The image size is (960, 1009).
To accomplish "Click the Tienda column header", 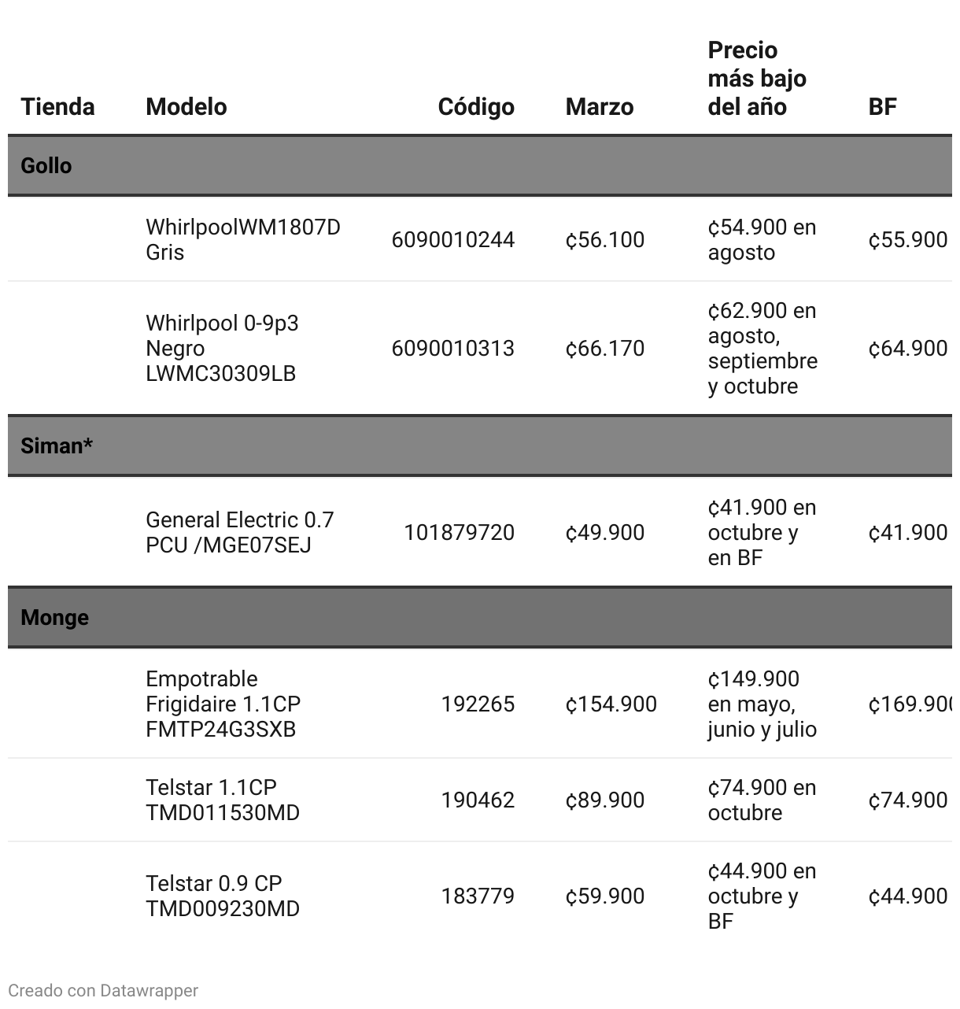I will pos(57,106).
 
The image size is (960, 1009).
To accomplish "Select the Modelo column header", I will pos(186,106).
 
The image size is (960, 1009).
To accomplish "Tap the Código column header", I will pos(476,106).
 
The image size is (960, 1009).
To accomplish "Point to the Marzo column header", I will pos(599,106).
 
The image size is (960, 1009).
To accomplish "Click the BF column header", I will pos(882,106).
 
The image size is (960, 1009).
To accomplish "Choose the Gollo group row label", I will pos(46,165).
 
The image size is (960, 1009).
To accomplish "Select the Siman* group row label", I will pos(57,445).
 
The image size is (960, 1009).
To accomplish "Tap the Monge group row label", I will pos(54,617).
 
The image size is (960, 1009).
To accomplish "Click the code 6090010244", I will pos(452,239).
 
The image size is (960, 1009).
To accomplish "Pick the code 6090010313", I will pos(452,348).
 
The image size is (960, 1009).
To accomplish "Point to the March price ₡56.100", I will pos(604,239).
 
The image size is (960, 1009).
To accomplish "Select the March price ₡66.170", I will pos(604,348).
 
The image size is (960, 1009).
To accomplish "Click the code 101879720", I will pos(459,532).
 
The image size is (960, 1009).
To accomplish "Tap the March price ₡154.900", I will pos(611,704).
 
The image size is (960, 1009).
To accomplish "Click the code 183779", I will pos(478,896).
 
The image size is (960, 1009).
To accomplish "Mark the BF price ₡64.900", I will pos(907,348).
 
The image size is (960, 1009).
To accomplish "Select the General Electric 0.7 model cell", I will pos(239,532).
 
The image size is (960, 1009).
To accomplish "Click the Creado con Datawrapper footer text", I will pos(103,990).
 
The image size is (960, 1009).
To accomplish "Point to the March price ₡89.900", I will pos(604,800).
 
